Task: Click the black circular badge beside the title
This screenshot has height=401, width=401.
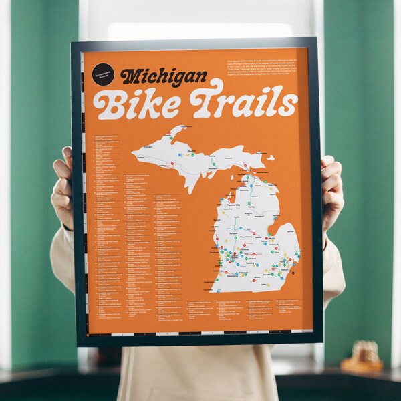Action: pyautogui.click(x=104, y=74)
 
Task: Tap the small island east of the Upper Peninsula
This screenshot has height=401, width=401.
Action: pyautogui.click(x=270, y=158)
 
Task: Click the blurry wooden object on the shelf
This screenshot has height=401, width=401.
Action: pyautogui.click(x=364, y=358)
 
